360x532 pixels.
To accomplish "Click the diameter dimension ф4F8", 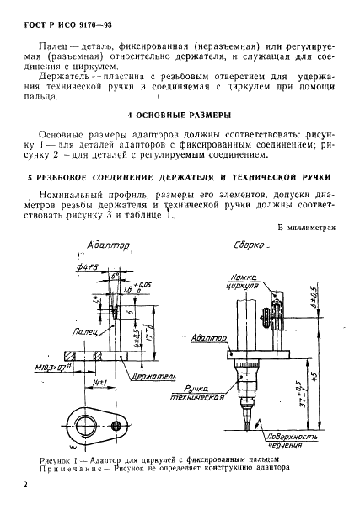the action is pos(89,269).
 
